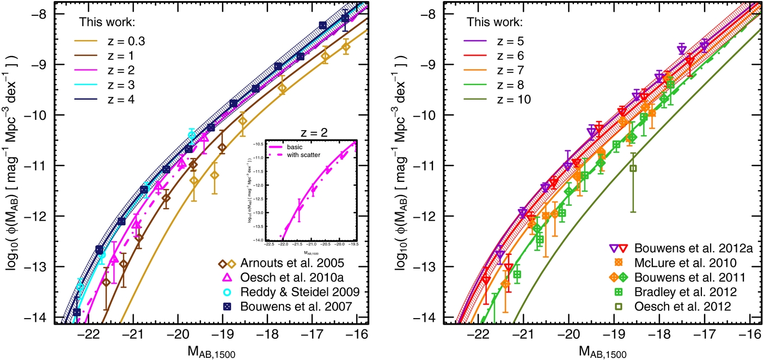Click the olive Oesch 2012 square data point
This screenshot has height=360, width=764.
point(633,168)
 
